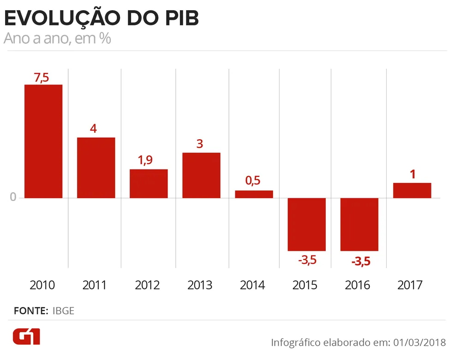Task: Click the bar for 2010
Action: [x=43, y=141]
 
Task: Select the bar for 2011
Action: [x=96, y=168]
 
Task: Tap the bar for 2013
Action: [x=201, y=175]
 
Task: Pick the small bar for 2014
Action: [x=254, y=194]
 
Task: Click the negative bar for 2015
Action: [x=306, y=224]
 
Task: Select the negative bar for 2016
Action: [x=359, y=224]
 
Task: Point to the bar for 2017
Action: [x=412, y=190]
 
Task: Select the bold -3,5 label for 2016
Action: [x=361, y=261]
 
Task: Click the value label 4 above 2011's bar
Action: [x=94, y=128]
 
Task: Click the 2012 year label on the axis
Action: [x=148, y=285]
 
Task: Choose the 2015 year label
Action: [x=305, y=285]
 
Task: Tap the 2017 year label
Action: [x=410, y=285]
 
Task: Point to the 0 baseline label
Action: [x=13, y=198]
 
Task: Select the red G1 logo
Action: [x=26, y=337]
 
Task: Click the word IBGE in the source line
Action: [x=63, y=311]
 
